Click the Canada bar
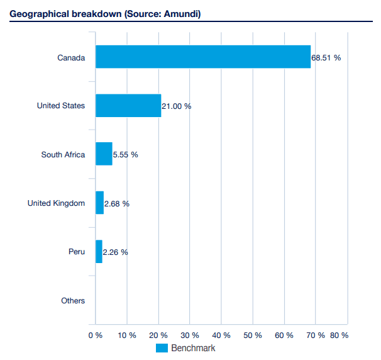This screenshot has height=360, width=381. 202,57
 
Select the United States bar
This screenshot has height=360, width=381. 128,105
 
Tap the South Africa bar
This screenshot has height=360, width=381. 104,154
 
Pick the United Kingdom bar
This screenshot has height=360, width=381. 99,203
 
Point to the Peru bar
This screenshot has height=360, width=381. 99,252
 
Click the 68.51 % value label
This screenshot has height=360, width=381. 326,57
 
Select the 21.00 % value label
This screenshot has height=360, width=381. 176,106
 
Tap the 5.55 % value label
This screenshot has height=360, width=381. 125,155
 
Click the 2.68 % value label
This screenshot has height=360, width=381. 116,203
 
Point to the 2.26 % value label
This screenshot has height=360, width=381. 115,252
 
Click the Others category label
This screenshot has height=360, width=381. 73,301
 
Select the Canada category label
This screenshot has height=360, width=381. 71,57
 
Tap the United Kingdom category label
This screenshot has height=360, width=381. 56,203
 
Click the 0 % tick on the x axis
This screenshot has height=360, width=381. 95,335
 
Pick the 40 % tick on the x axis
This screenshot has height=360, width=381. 221,335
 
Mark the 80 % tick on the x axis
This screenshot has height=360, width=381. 340,335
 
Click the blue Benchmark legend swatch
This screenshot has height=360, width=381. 162,348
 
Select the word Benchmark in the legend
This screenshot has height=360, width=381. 193,348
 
